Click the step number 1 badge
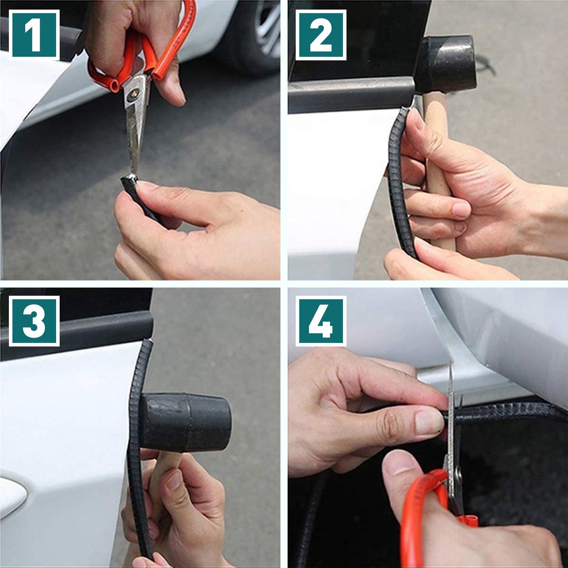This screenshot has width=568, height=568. point(34,35)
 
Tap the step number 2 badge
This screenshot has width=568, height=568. point(321,35)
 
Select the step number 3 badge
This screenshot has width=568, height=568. point(34,321)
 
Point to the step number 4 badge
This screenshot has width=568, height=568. point(321,321)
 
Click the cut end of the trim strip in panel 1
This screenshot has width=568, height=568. point(130,177)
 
